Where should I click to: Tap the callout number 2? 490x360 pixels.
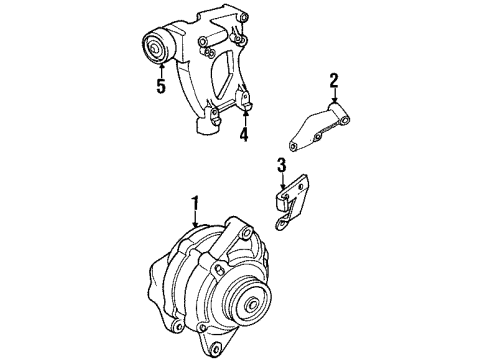(335, 81)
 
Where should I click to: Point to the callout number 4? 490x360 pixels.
(243, 133)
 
